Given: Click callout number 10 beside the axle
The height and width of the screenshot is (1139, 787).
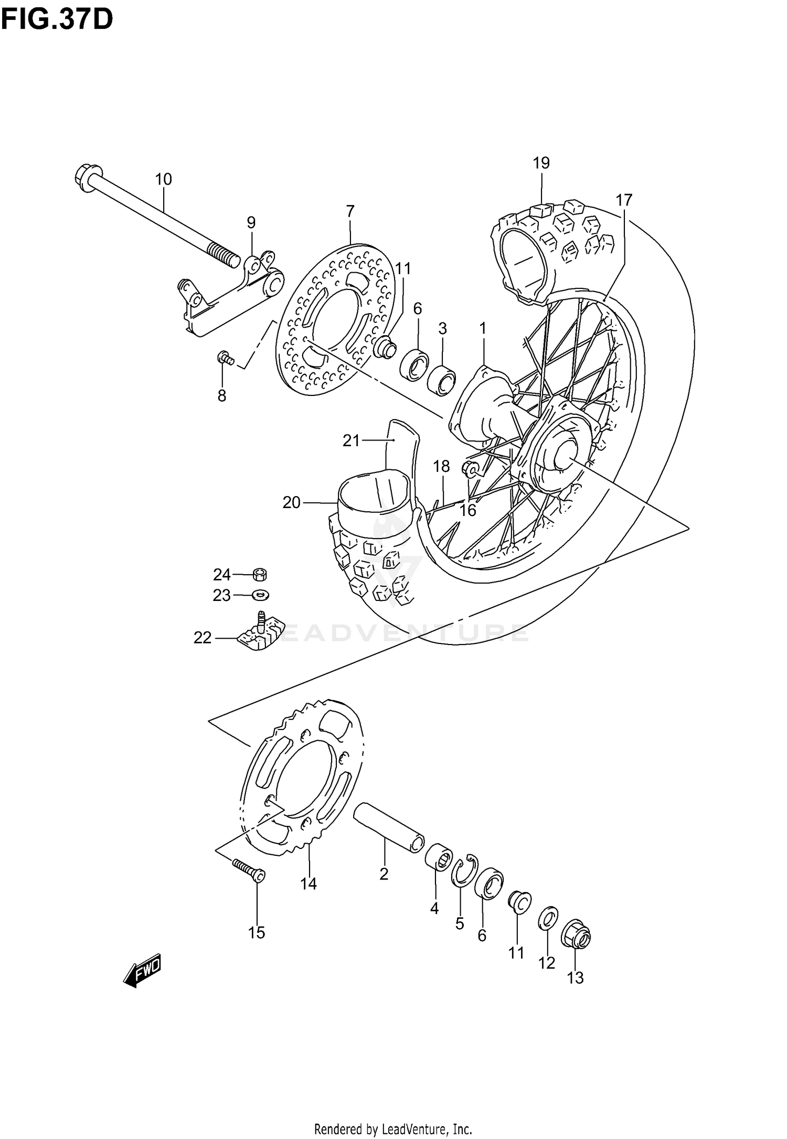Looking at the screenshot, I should pyautogui.click(x=163, y=179).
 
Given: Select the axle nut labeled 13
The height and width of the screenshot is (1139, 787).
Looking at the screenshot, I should pyautogui.click(x=576, y=935).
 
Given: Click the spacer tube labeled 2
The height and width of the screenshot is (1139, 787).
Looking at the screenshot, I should pyautogui.click(x=388, y=829).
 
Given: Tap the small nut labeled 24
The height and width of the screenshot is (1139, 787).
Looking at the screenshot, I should pyautogui.click(x=259, y=575).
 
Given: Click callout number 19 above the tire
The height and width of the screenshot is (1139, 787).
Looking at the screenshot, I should pyautogui.click(x=541, y=163).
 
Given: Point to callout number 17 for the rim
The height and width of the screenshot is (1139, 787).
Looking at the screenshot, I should pyautogui.click(x=624, y=200).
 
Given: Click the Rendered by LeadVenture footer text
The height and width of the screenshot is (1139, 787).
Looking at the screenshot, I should pyautogui.click(x=393, y=1127).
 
